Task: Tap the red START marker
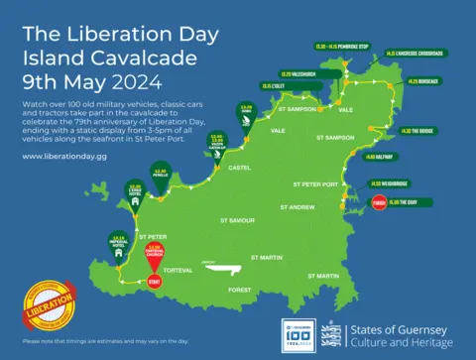(154, 283)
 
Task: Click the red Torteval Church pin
(154, 254)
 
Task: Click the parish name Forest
(240, 290)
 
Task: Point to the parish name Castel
(240, 169)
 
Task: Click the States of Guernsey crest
(335, 335)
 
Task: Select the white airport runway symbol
(220, 267)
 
